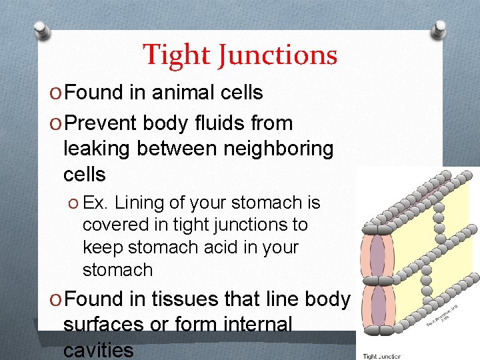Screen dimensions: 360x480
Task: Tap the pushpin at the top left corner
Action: (41, 30)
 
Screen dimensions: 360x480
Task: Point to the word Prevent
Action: (102, 123)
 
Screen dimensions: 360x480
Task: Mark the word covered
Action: (109, 225)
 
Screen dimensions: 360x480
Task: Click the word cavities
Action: (98, 349)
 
